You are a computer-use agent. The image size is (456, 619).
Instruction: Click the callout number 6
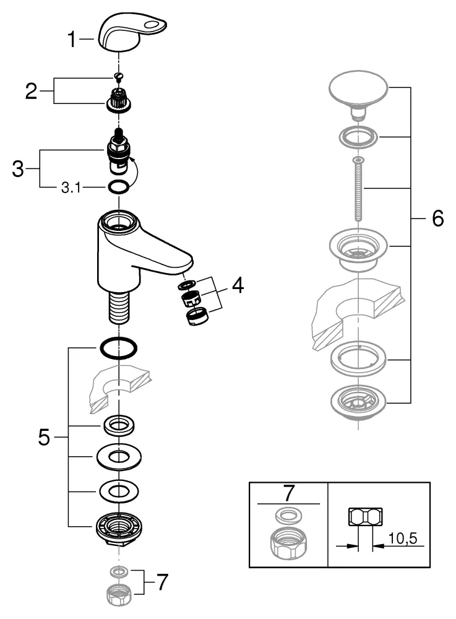(437, 219)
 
